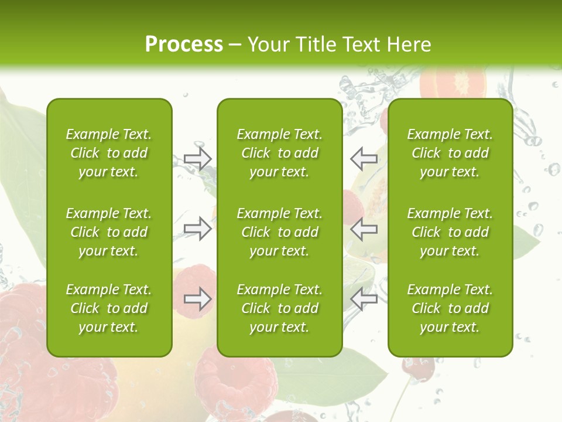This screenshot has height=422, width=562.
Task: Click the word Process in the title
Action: [184, 44]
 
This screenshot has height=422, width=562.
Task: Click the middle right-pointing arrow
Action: [197, 229]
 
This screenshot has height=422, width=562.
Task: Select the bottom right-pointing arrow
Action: [197, 299]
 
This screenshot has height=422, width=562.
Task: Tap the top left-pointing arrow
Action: [364, 158]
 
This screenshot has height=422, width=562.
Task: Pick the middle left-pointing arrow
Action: [364, 229]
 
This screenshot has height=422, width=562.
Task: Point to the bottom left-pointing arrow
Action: [364, 299]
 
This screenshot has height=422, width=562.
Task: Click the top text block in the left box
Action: [109, 153]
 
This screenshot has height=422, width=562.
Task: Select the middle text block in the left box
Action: [109, 232]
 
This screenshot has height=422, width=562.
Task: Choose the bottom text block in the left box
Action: [109, 308]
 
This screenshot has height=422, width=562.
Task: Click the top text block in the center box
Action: [280, 153]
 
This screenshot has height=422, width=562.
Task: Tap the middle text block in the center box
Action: [280, 232]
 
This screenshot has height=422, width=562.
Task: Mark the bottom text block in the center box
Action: [280, 308]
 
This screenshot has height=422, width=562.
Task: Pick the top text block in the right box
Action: [450, 153]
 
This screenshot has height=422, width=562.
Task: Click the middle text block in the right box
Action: [450, 232]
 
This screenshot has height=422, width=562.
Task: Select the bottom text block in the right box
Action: [450, 308]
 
